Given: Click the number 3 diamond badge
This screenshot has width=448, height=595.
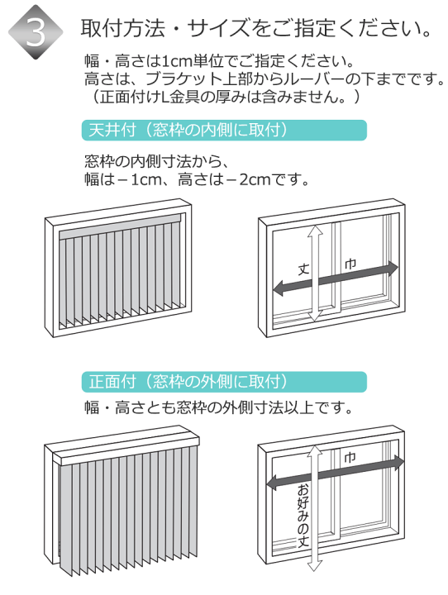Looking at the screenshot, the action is point(36,32).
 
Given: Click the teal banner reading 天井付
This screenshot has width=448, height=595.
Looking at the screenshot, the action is point(224,131).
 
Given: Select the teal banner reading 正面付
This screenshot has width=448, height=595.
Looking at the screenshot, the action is point(224,382).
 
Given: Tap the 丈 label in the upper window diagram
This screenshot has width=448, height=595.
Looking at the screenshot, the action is point(303,269).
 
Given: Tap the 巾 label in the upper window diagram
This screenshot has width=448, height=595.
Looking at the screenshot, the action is point(350,264).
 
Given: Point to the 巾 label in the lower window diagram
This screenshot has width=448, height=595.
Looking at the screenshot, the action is point(350,458).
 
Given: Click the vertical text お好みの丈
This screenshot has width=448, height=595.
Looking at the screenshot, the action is point(303,516).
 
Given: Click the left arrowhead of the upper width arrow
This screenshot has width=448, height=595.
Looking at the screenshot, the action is point(279,288).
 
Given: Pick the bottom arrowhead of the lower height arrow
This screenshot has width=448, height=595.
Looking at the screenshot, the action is point(315,565).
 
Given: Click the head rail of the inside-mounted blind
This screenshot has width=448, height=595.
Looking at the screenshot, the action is point(122,226).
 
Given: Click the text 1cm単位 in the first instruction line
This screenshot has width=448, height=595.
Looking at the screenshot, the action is point(186,61).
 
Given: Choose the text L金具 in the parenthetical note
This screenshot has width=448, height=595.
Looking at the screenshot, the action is point(180,97).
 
